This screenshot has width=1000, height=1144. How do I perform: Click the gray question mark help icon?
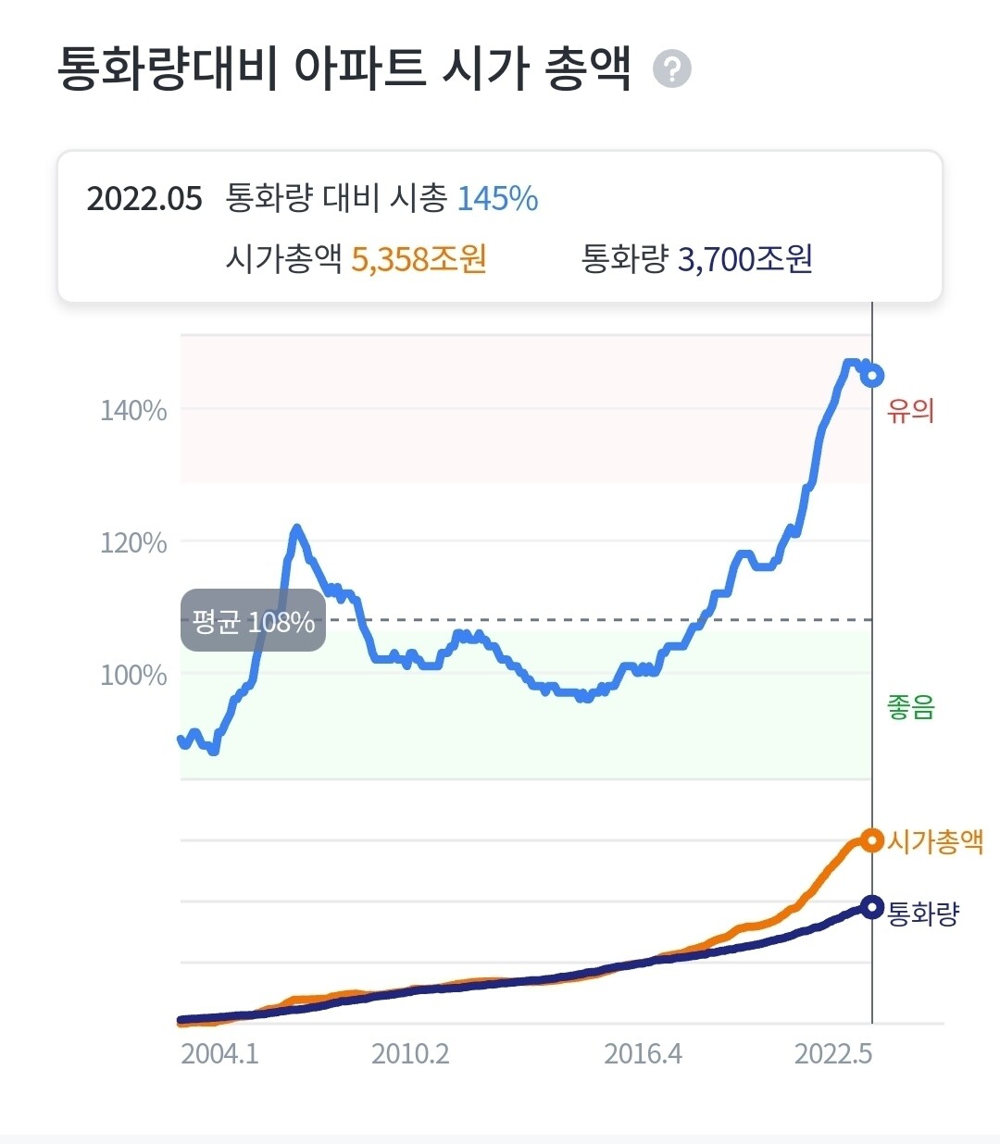672,69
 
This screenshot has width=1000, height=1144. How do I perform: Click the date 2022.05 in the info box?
144,199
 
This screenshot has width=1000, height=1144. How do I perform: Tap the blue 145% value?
497,199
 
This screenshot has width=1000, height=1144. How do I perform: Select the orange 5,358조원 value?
419,259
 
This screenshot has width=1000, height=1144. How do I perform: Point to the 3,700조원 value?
744,259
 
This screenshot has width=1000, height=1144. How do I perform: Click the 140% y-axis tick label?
133,410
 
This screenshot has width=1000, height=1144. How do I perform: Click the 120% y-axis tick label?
133,542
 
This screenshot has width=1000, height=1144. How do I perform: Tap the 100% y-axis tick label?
133,675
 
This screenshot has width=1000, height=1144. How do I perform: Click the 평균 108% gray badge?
253,621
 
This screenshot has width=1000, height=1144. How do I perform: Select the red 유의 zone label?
910,410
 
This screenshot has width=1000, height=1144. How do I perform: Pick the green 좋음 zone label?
910,708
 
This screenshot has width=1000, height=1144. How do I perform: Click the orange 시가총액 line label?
935,841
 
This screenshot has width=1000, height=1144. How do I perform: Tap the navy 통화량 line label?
923,914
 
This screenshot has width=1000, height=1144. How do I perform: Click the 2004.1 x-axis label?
219,1053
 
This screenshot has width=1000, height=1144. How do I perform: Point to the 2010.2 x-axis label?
410,1053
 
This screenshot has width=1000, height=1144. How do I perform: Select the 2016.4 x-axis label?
643,1053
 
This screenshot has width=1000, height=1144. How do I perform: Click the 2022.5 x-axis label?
833,1053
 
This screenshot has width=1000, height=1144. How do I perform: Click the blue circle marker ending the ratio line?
871,376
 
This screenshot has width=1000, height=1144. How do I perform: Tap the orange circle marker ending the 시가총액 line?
871,840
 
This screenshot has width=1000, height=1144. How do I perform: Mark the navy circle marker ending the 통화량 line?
871,907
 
